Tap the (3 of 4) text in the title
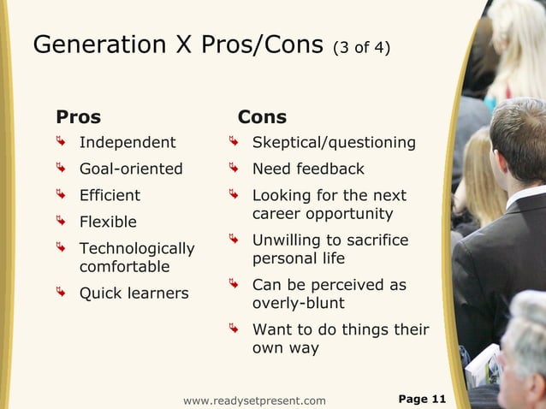361,48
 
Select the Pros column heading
78,117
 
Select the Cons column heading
262,117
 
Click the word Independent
128,142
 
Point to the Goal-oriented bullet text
131,169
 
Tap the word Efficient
110,195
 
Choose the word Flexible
108,222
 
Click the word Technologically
137,249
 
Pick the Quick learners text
134,293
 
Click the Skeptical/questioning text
334,142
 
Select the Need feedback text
308,169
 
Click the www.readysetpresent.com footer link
254,400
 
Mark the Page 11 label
423,400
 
